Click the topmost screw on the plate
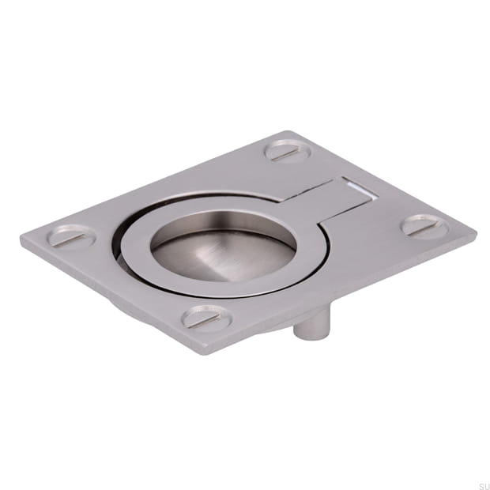[288, 151]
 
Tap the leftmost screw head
[72, 236]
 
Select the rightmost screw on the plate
[424, 225]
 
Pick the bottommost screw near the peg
[207, 317]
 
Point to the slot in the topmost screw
[288, 153]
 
